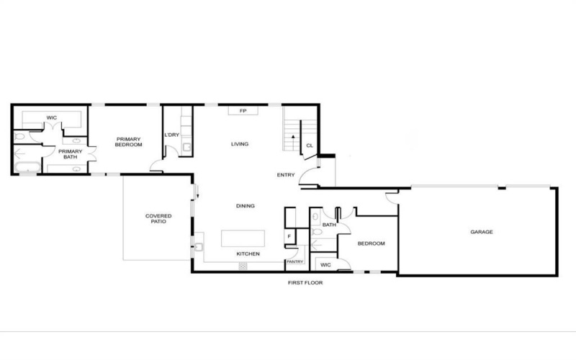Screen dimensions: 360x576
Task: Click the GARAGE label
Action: pos(482,232)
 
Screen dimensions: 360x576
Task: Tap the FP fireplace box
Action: pos(243,111)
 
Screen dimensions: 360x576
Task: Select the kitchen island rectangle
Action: pos(243,238)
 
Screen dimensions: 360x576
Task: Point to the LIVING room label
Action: pos(239,144)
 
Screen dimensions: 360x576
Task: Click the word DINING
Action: pos(246,206)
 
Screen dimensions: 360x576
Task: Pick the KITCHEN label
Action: pos(248,254)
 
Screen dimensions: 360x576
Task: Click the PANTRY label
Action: pos(294,262)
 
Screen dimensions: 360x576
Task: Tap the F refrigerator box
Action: pos(289,235)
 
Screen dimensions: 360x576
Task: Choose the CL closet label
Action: pos(309,145)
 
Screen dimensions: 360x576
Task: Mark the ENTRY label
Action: pos(286,175)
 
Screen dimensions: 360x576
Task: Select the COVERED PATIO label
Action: pos(158,219)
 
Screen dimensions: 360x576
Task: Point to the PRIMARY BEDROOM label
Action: pos(130,141)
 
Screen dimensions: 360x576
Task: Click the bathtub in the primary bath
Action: pos(28,168)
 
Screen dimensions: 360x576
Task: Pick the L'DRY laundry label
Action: pos(171,135)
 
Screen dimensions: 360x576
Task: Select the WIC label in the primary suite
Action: pos(52,117)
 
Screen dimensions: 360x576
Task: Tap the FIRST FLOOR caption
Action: pos(305,283)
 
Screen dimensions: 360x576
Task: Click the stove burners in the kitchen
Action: pos(243,266)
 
